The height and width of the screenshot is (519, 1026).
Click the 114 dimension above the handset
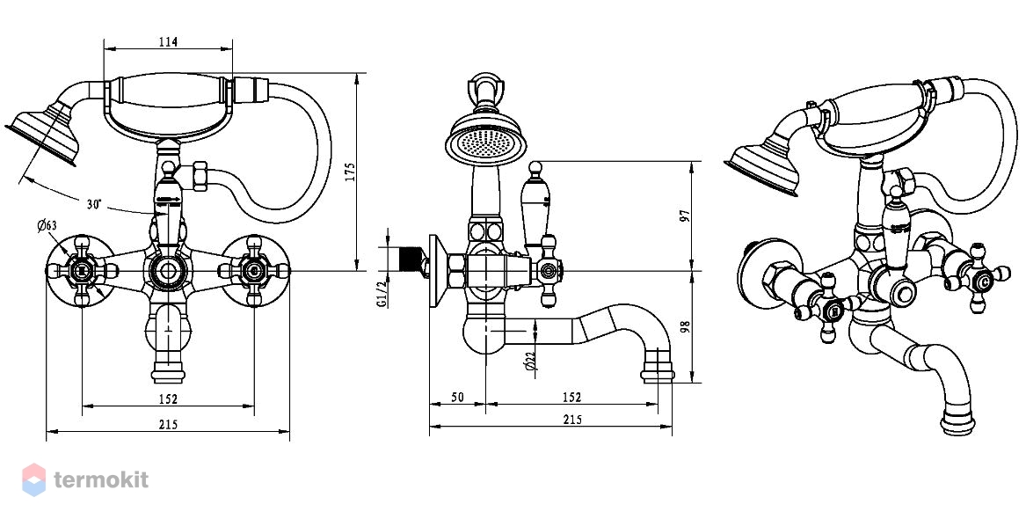tap(168, 42)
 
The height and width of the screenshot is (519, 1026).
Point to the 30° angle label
tap(94, 204)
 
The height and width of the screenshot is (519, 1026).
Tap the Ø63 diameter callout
tap(47, 226)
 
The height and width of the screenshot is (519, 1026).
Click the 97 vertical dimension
tap(684, 216)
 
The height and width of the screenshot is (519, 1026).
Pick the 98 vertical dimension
tap(684, 326)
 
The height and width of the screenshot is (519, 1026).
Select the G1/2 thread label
tap(381, 294)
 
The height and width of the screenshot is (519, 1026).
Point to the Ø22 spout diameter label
tap(531, 361)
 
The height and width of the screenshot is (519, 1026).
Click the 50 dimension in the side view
tap(457, 398)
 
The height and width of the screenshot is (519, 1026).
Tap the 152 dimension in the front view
tap(168, 398)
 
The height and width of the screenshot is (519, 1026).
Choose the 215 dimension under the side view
tap(571, 420)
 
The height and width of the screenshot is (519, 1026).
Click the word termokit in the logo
tap(101, 479)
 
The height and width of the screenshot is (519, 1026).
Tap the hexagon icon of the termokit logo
tap(34, 479)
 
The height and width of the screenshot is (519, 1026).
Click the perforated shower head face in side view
tap(485, 141)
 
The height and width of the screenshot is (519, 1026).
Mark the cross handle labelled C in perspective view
tap(979, 279)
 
